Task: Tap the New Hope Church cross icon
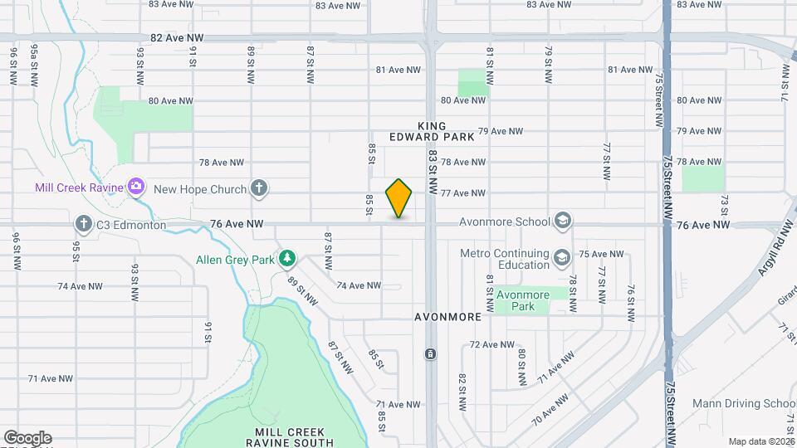point(259,188)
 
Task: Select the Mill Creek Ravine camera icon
point(136,187)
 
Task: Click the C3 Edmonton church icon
point(83,223)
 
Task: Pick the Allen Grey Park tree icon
point(287,259)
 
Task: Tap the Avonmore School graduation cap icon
point(563,221)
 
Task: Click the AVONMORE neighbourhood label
point(448,317)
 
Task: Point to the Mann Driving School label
point(751,404)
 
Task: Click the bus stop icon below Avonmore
point(431,354)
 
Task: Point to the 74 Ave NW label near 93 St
point(80,285)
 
